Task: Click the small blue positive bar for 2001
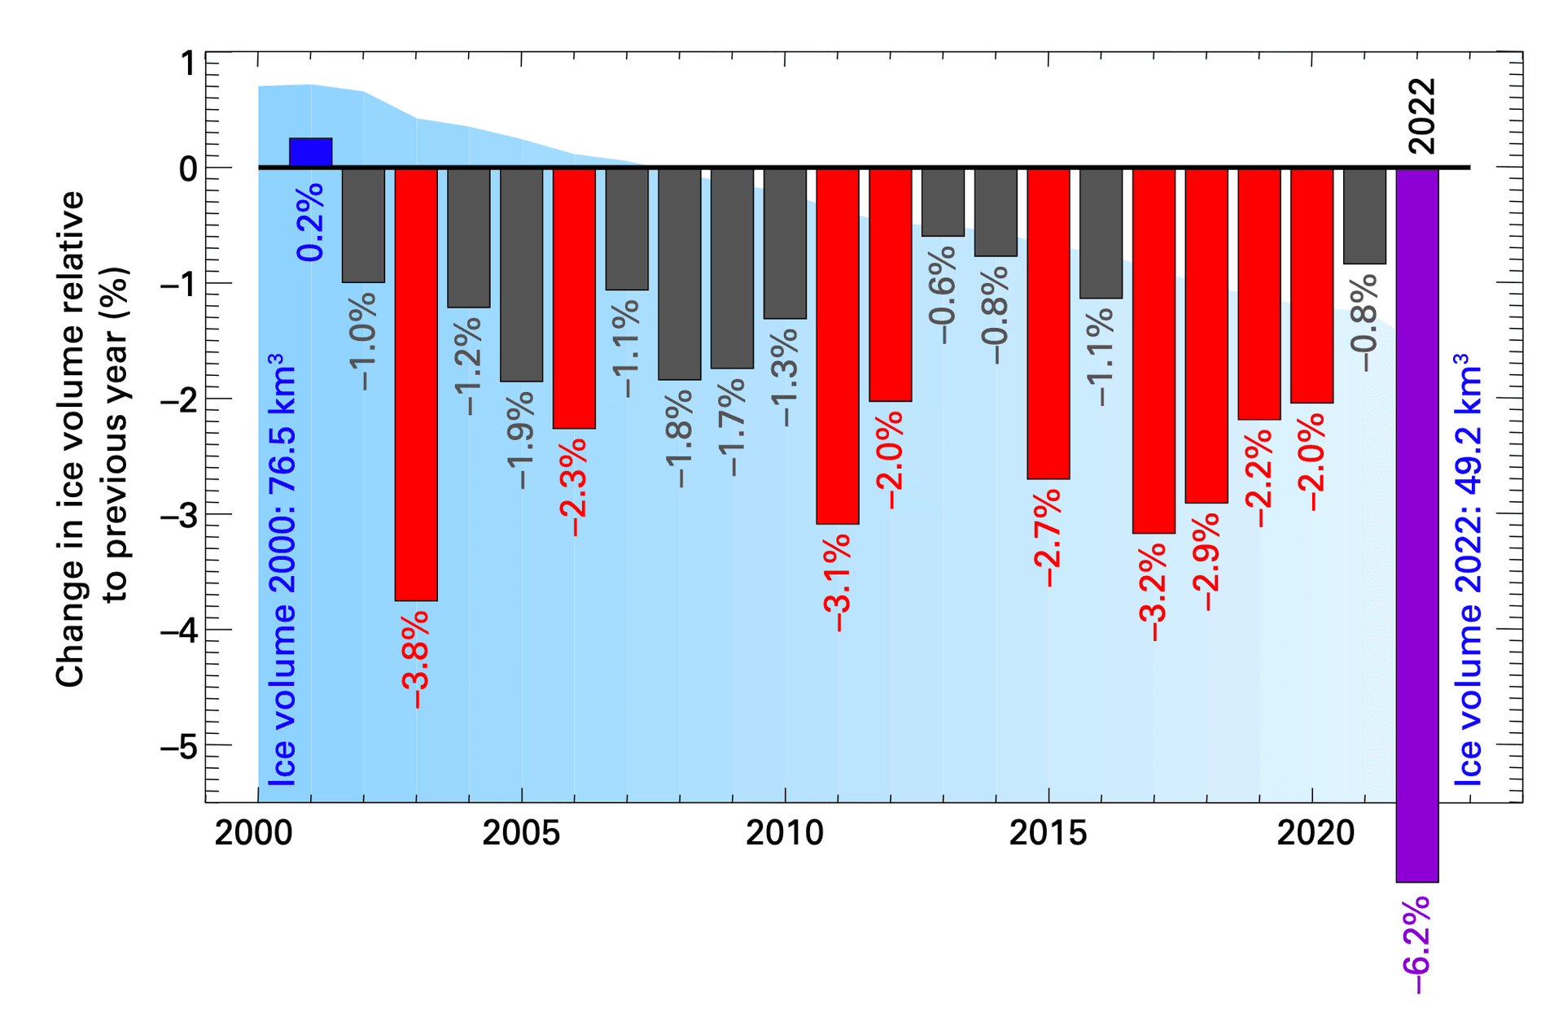click(310, 153)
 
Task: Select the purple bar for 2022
click(1416, 525)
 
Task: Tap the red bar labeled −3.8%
click(416, 384)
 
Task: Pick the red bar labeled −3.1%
click(838, 346)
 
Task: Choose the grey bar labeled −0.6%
click(943, 203)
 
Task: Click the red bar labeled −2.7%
click(1049, 323)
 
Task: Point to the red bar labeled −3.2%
click(1154, 351)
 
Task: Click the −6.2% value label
click(1417, 944)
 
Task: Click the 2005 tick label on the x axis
click(521, 833)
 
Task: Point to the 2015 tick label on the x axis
click(1049, 833)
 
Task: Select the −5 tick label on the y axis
click(178, 746)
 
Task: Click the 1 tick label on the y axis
click(188, 63)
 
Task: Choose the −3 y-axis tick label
click(178, 515)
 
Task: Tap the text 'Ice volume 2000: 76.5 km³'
click(282, 570)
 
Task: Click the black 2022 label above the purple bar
click(1421, 116)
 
